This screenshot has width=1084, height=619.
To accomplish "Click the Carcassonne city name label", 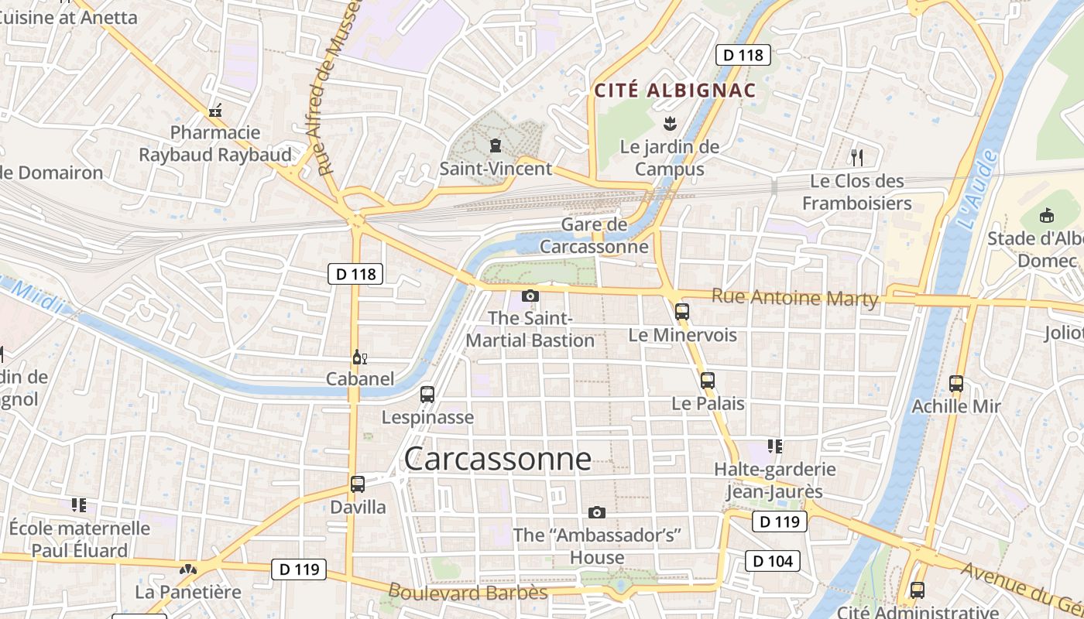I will click(497, 459).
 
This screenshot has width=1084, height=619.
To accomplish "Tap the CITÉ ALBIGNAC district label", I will click(674, 91).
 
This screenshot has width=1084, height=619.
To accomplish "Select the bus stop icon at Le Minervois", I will click(681, 312).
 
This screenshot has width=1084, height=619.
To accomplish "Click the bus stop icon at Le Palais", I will click(707, 381).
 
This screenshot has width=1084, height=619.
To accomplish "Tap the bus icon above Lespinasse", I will click(427, 395).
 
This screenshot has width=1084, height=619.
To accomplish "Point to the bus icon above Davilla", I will click(357, 484).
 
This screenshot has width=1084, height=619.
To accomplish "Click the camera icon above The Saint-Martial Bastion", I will click(530, 296).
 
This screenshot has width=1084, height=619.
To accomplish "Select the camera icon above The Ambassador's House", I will click(596, 512).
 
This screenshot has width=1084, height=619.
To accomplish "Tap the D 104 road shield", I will click(772, 561).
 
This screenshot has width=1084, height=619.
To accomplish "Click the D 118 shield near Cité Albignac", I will click(743, 55).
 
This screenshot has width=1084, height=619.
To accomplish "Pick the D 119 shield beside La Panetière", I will click(299, 569).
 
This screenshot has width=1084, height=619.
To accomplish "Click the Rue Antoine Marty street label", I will click(795, 297).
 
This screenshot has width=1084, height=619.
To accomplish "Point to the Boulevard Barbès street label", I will click(468, 593).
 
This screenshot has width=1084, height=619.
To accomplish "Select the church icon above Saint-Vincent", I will click(496, 145).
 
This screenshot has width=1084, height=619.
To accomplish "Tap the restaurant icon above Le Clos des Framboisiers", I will click(856, 158).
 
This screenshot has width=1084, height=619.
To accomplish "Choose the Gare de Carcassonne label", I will click(594, 235).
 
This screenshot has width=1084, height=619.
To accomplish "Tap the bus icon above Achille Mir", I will click(956, 383).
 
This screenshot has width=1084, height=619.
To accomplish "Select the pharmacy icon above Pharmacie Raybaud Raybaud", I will click(215, 111).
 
